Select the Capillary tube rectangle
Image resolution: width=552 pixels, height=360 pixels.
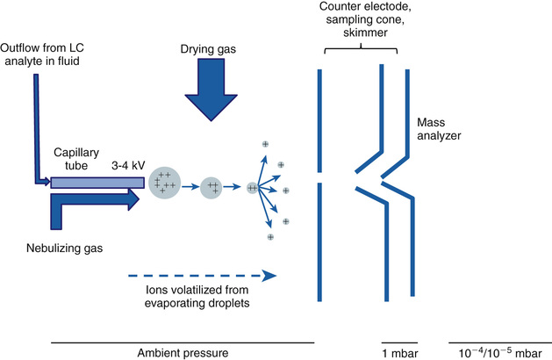(x=97, y=183)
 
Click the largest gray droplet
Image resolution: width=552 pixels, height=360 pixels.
(x=165, y=184)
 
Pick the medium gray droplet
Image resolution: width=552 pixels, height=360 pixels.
(x=211, y=187)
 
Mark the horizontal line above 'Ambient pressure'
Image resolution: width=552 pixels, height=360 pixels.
(x=183, y=341)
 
